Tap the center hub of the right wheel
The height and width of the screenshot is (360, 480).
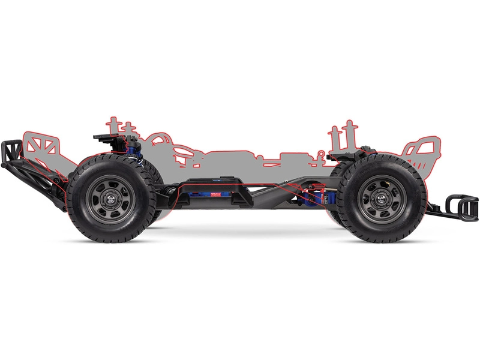coord(382,197)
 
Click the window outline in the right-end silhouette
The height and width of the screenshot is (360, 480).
coord(420,150)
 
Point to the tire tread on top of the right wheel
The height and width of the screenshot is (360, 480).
coord(382,161)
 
